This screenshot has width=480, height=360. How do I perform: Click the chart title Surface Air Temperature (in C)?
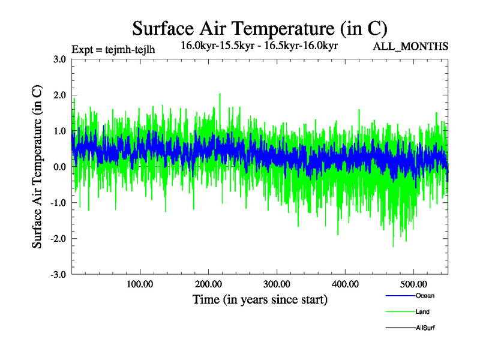pos(260,29)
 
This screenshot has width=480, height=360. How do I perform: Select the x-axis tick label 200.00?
pos(208,283)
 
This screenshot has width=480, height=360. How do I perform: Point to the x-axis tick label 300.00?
pos(277,283)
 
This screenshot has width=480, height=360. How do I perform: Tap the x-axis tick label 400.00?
pos(346,283)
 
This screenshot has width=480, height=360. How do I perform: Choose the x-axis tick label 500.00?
pos(414,283)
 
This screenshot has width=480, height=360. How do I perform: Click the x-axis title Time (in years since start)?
pos(260,299)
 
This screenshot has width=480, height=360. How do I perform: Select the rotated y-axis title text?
pos(37,167)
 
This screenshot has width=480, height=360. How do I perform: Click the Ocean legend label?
pos(425,296)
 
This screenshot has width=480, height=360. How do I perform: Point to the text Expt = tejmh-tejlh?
pos(113,49)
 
